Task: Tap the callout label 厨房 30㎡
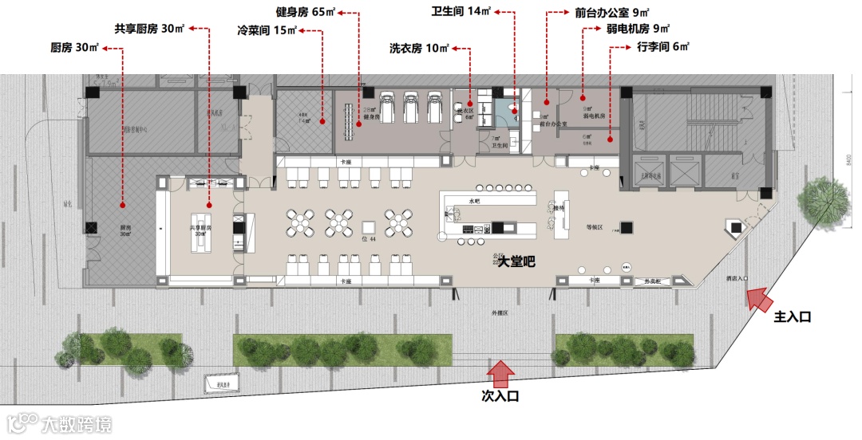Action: tap(74, 48)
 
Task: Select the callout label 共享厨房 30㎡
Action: tap(149, 29)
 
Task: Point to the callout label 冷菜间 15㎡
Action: tap(267, 31)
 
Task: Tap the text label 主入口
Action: tap(793, 316)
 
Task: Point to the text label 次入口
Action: tap(500, 395)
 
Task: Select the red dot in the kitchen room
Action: tap(122, 201)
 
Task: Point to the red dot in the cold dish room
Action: tap(322, 122)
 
